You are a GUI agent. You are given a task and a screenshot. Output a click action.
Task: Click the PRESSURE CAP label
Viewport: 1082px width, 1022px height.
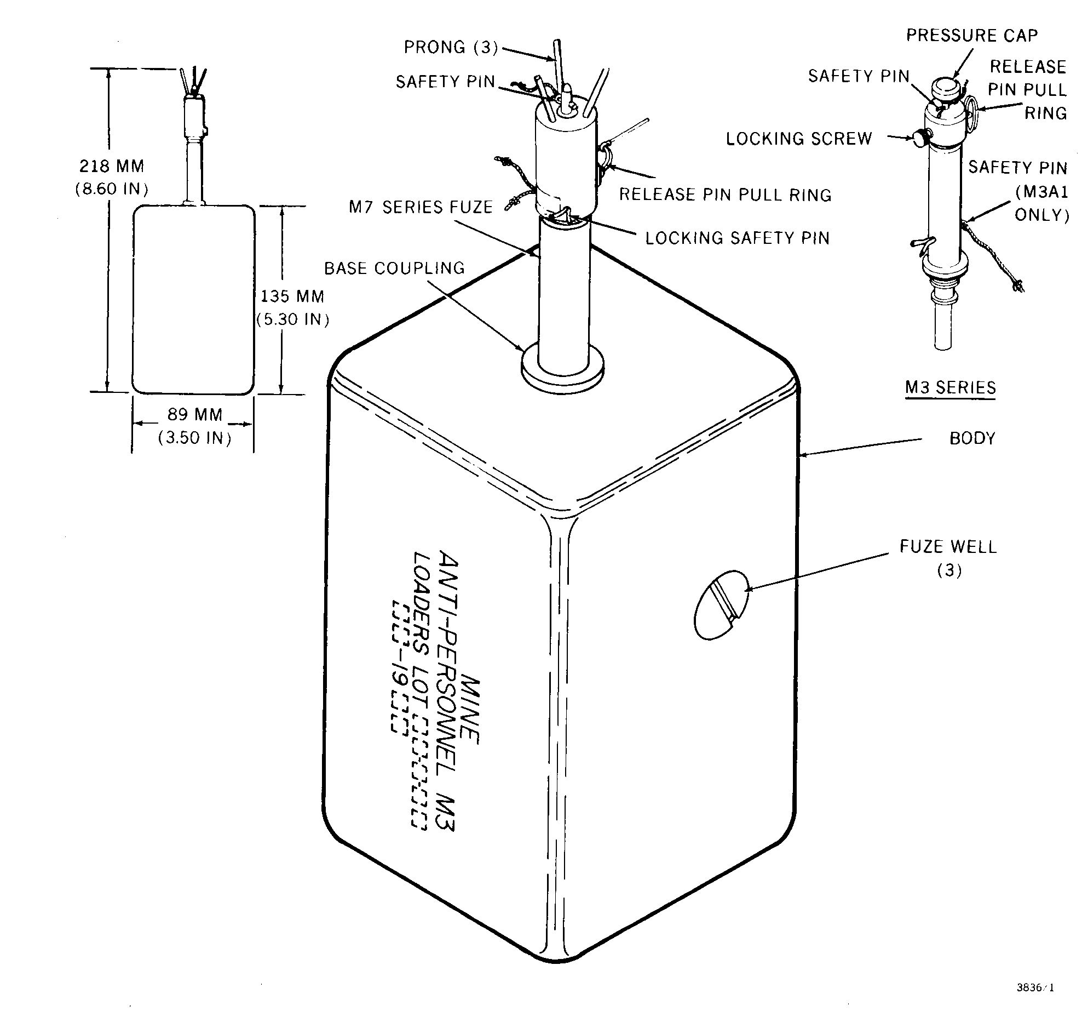coord(972,36)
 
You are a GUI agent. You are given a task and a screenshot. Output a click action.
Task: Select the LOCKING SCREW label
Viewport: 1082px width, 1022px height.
coord(799,139)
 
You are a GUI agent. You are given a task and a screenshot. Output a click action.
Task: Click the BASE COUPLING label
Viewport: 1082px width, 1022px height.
coord(394,268)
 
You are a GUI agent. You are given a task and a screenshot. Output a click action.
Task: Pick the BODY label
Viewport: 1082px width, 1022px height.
coord(972,438)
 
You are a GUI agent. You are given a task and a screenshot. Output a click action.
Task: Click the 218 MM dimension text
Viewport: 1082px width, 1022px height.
coord(112,165)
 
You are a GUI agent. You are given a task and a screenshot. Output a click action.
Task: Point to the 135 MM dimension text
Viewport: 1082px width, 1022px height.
coord(292,296)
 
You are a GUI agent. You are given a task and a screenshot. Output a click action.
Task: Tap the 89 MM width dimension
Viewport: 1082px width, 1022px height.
coord(195,414)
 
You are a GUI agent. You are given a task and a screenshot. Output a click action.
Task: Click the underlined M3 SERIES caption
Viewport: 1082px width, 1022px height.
coord(950,387)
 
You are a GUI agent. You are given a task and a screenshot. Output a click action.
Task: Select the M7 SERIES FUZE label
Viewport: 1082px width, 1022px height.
coord(421,207)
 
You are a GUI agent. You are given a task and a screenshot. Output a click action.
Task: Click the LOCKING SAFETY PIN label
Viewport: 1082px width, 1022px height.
coord(738,238)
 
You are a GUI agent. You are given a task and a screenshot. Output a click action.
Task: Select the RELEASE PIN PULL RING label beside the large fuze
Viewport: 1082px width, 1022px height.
coord(726,195)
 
